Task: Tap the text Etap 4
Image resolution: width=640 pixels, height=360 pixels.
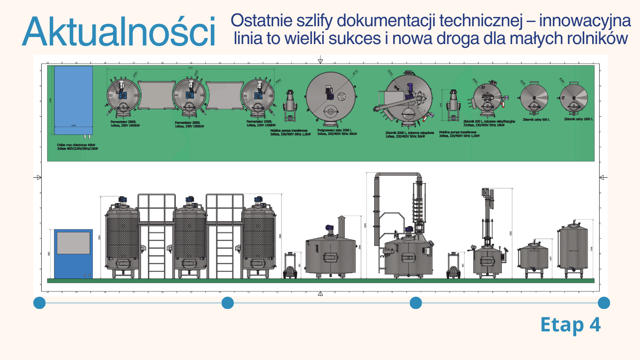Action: click(x=570, y=325)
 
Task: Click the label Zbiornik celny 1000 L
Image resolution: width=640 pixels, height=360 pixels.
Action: click(x=578, y=119)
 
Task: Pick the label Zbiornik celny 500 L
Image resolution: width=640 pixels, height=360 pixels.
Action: click(x=536, y=120)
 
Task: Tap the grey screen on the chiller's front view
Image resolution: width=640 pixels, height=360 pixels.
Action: click(x=73, y=243)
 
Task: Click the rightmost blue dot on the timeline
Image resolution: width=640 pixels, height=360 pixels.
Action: click(x=603, y=303)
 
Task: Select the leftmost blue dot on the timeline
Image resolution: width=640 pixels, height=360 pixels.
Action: click(x=39, y=303)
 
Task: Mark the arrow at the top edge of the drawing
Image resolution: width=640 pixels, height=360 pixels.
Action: click(x=320, y=60)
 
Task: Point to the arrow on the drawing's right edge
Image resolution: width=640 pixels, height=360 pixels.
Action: click(x=603, y=177)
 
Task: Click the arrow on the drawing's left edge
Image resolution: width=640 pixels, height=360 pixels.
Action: click(x=37, y=177)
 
